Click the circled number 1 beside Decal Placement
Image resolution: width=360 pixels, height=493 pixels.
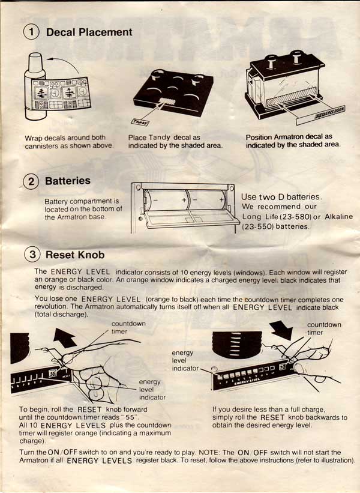coord(31,32)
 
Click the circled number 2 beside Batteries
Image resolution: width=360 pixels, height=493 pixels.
coord(31,181)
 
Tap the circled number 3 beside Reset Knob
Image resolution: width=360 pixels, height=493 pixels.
coord(31,255)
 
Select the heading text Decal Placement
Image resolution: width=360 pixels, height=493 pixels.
coord(89,32)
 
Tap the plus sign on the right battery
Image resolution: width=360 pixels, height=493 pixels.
coord(221,198)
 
